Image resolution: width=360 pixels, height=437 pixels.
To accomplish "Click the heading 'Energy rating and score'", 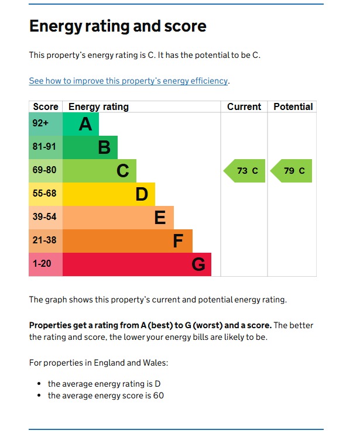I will (118, 26).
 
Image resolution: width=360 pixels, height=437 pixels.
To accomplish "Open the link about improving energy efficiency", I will (128, 81).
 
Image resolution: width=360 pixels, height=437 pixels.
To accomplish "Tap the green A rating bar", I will (81, 124).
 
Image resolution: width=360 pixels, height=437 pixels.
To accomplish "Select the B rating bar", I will (90, 147).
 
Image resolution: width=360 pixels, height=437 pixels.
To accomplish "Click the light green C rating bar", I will (100, 171).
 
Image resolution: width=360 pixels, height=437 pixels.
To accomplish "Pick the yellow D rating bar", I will (109, 194).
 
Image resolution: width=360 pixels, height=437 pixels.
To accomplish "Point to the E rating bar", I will (118, 218).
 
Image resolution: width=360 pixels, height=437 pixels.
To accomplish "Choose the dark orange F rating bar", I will (128, 241).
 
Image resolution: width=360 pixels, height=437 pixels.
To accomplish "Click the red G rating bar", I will (137, 264).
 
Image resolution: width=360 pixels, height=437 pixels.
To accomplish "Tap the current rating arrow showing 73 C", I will (245, 171).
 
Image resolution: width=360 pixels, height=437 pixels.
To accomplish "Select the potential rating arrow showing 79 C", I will (292, 171).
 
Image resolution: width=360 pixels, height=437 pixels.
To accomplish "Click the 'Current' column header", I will (244, 106).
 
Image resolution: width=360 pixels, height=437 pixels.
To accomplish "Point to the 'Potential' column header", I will (293, 106).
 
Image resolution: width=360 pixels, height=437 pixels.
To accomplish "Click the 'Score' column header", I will (46, 106).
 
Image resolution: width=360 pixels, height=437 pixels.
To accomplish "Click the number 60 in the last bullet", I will (158, 395).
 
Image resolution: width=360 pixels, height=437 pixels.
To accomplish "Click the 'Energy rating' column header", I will (98, 106).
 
